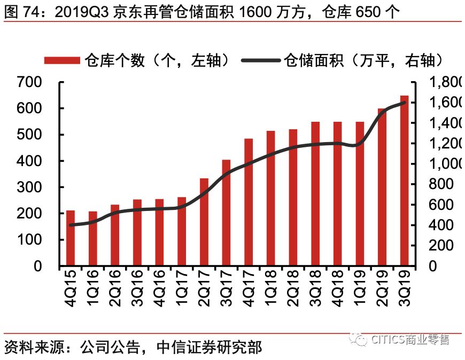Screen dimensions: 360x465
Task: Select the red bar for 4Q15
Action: (71, 238)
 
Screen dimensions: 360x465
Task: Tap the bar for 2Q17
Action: (204, 222)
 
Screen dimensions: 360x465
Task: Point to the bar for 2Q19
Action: (382, 187)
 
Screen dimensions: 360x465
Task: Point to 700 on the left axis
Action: (29, 82)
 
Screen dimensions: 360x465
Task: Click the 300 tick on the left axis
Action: (29, 187)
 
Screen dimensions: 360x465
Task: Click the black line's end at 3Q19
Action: (405, 102)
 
